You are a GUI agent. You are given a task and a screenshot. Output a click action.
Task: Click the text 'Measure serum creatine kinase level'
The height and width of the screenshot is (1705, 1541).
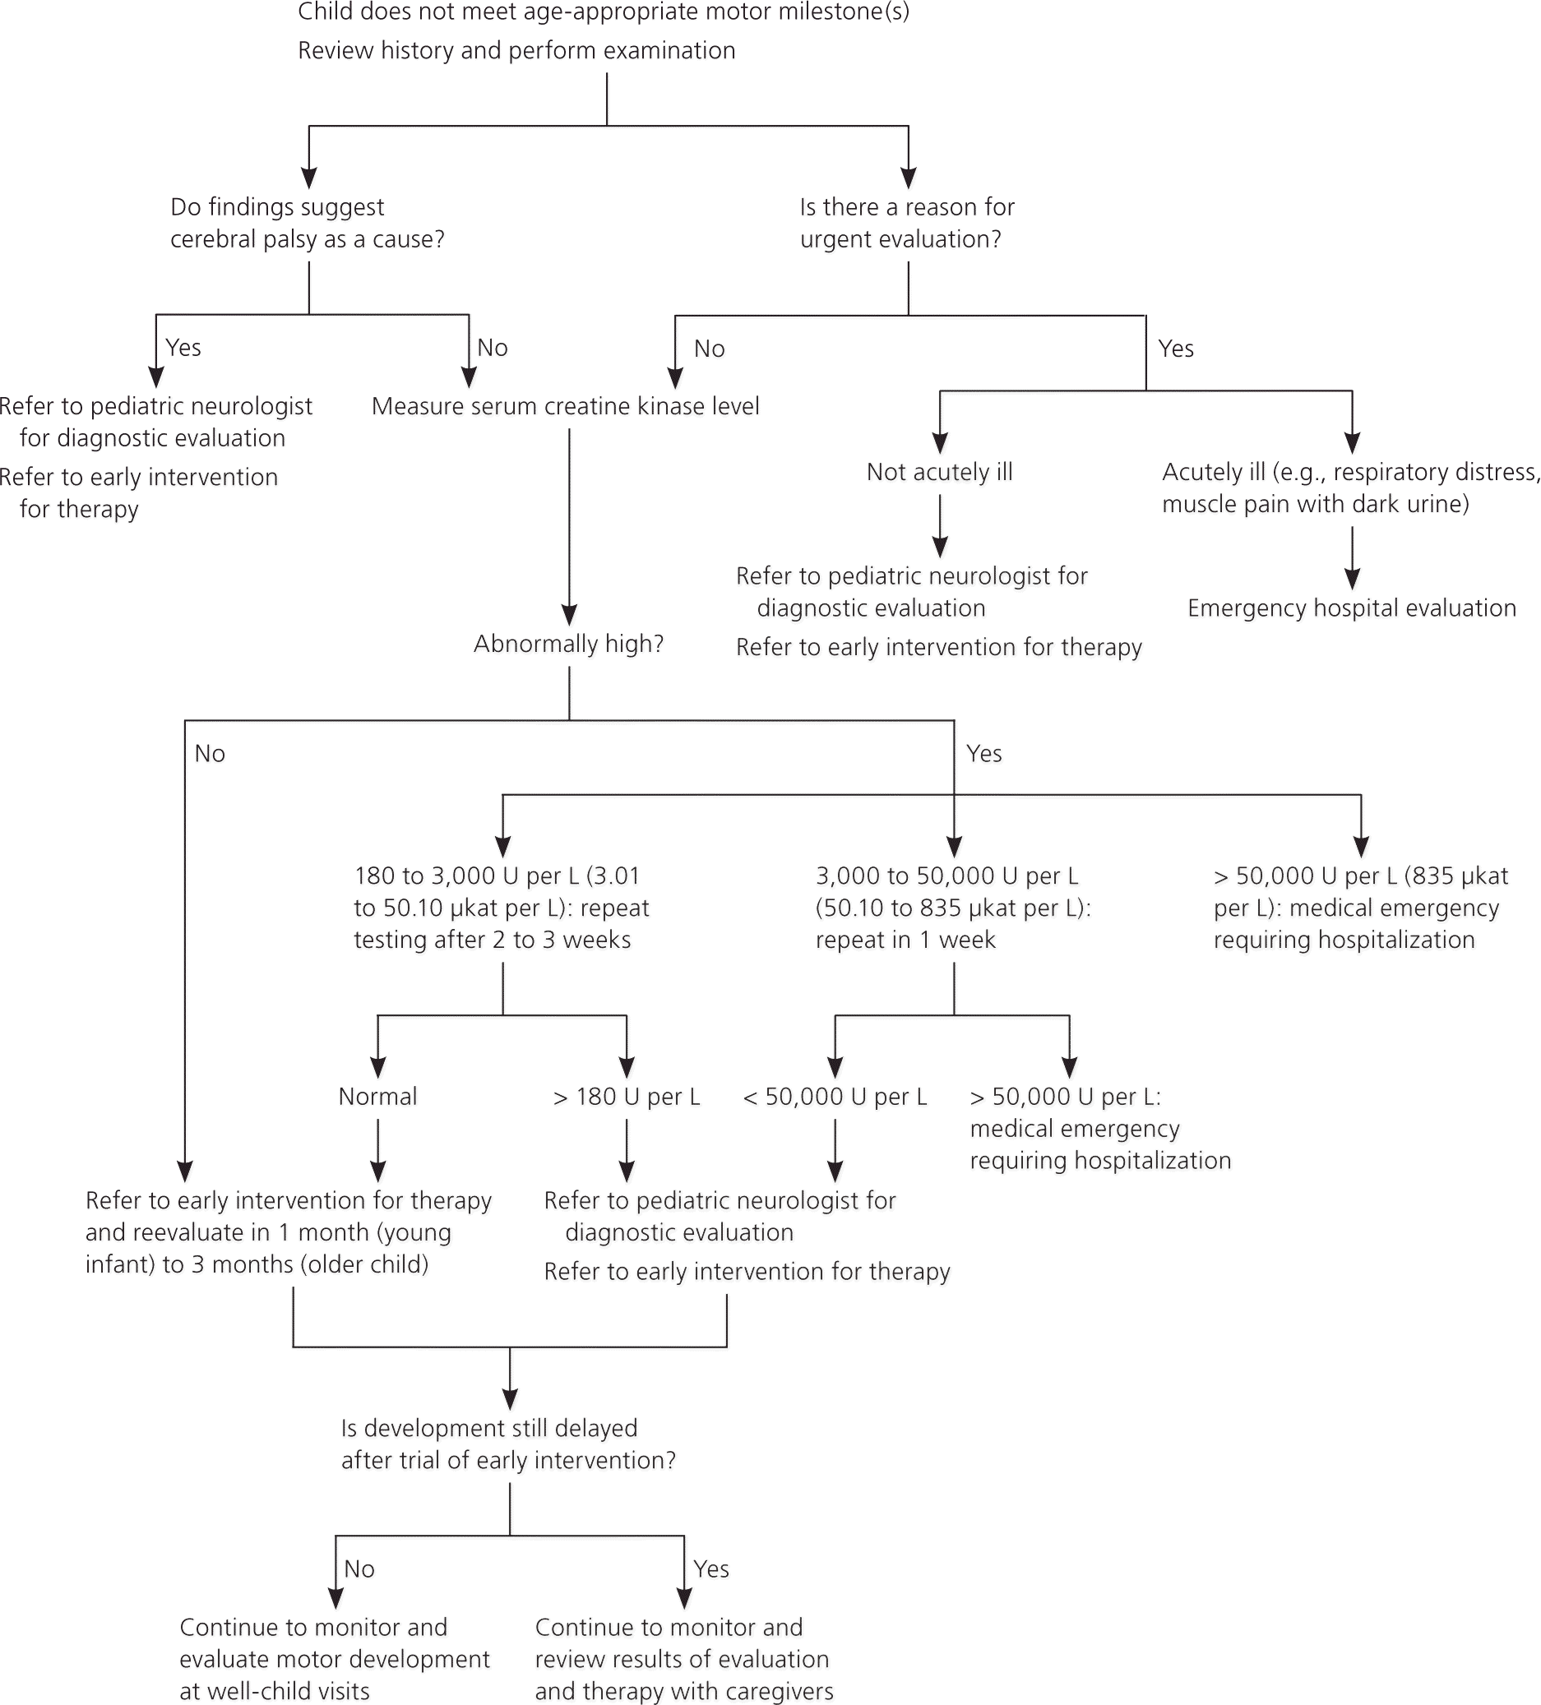565,407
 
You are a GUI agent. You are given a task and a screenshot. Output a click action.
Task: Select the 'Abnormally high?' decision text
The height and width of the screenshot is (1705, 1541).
568,645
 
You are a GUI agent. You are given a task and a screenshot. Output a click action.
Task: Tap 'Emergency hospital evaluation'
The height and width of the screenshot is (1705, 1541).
1351,609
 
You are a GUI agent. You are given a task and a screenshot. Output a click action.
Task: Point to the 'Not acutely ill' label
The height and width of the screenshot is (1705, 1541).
939,472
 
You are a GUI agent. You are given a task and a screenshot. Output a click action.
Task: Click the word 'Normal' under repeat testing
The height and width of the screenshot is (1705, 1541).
377,1097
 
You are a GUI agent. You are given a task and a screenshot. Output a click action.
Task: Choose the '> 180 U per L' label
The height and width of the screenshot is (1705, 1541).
626,1097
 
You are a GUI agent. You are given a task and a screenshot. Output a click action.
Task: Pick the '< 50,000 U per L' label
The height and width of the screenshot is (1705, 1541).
835,1097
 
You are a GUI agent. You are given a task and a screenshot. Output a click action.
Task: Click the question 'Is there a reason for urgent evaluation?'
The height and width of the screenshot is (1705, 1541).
907,224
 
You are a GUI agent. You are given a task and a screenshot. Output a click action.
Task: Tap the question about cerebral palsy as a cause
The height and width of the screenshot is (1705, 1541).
307,224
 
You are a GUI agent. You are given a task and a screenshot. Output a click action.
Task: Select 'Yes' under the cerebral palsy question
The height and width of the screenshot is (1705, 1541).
183,348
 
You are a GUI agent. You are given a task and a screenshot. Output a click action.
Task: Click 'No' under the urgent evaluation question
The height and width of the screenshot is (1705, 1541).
709,349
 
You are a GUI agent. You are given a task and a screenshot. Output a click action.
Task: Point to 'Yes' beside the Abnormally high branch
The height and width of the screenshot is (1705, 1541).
983,754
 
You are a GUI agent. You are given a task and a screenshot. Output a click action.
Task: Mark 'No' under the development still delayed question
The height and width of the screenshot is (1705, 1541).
359,1569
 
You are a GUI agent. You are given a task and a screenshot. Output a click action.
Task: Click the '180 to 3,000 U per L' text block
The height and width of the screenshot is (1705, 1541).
501,908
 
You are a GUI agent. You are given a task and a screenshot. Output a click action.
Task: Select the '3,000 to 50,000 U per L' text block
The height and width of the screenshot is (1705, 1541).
953,908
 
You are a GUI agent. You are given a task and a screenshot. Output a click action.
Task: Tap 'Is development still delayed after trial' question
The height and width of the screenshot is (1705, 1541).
508,1444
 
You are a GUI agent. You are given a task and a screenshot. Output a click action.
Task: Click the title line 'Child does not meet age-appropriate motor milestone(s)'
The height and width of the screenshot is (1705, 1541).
603,12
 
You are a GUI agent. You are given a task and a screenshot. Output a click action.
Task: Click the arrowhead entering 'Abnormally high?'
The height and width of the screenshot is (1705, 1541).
569,615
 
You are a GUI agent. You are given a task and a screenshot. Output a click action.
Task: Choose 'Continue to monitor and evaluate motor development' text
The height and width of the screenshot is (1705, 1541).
334,1658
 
